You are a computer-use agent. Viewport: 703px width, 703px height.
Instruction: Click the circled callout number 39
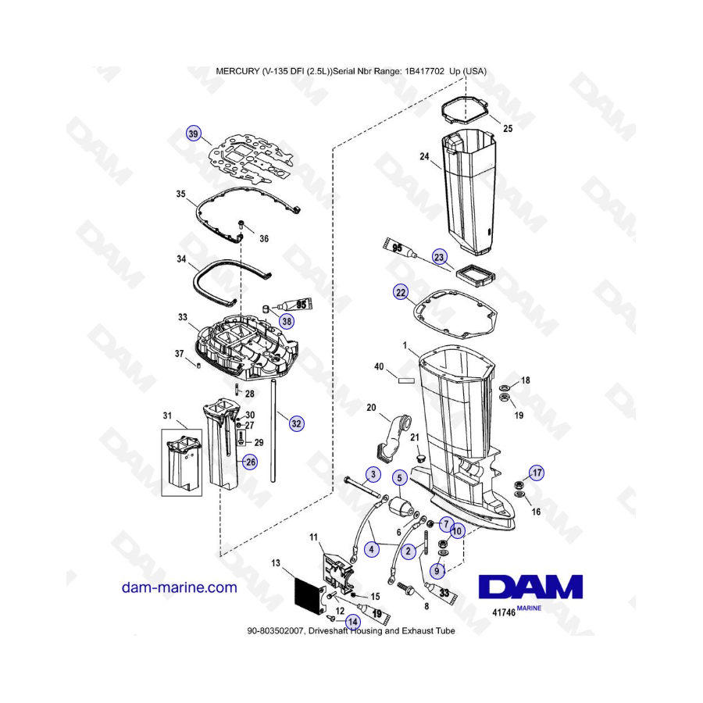coord(193,134)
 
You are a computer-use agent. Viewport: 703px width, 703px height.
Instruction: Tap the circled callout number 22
coord(401,293)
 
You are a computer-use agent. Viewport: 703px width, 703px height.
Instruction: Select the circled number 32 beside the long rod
coord(296,423)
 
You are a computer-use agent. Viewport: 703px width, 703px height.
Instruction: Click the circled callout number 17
coord(537,473)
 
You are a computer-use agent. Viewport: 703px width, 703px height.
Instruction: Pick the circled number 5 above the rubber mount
coord(400,478)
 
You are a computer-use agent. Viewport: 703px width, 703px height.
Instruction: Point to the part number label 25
coord(508,129)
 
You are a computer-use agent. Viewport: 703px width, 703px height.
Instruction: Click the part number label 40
coord(379,367)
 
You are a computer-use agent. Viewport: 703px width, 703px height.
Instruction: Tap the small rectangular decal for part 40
coord(406,381)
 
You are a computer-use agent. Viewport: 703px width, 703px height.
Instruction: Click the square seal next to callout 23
coord(474,275)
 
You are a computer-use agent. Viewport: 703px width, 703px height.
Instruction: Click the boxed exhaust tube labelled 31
coord(181,462)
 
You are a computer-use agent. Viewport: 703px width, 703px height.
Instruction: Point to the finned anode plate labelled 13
coord(309,596)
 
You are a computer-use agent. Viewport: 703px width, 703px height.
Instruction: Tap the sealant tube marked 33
coord(441,592)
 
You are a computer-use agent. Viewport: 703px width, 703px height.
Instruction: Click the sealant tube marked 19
coord(374,613)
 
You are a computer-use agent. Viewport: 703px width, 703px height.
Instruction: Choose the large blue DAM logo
coord(530,587)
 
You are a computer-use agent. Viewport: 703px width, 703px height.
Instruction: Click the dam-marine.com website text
coord(180,587)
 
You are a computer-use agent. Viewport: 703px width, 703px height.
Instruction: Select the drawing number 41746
coord(504,612)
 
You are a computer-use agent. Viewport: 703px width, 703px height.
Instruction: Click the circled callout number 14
coord(353,622)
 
